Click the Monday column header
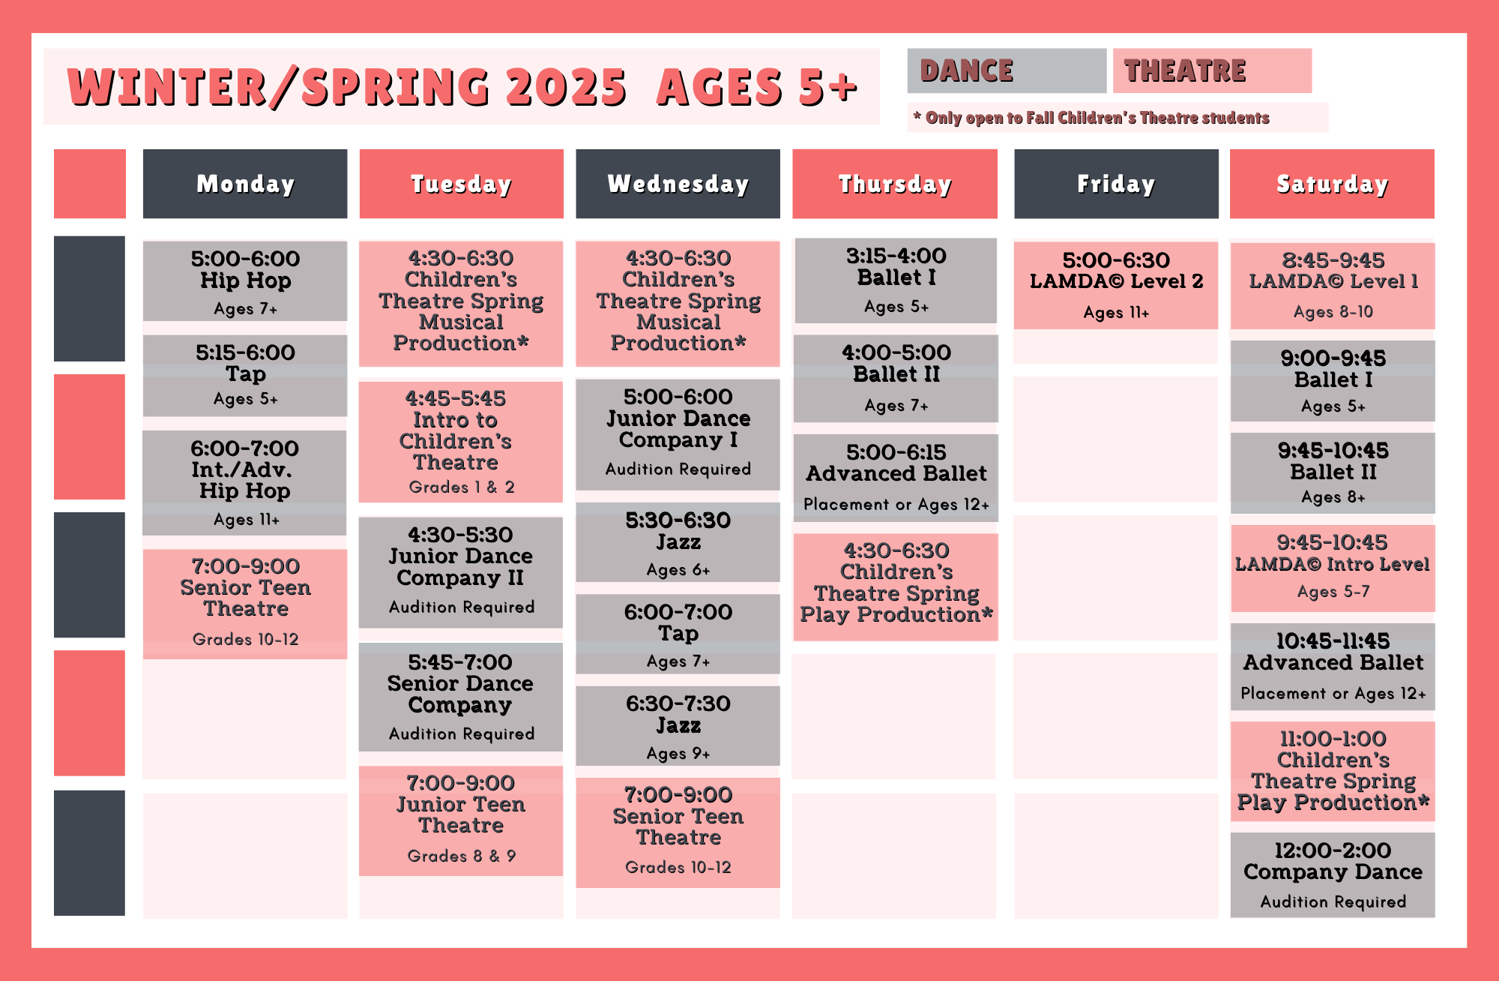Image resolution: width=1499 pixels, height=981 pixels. tap(245, 184)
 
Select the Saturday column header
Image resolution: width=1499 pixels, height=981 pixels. tap(1332, 184)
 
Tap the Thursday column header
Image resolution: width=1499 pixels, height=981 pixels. tap(895, 184)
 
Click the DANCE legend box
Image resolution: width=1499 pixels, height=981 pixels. tap(1006, 70)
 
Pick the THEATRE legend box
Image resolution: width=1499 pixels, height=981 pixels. tap(1212, 70)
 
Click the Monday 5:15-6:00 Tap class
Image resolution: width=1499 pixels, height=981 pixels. tap(245, 375)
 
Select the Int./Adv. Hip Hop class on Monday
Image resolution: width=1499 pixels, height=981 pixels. tap(245, 482)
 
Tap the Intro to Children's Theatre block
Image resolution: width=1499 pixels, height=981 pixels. tap(460, 442)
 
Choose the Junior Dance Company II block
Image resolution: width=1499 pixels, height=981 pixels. tap(460, 571)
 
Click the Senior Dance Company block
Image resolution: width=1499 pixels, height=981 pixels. tap(460, 697)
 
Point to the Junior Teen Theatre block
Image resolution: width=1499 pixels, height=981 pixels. tap(460, 820)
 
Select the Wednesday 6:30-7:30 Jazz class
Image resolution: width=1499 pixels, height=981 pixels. tap(678, 726)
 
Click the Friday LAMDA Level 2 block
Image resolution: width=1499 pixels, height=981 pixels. tap(1115, 285)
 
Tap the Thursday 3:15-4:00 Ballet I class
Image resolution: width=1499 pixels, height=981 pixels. tap(896, 280)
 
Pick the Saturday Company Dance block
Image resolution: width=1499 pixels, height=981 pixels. tap(1333, 874)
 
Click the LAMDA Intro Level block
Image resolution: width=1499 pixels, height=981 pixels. tap(1333, 568)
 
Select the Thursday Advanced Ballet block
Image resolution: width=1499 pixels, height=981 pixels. tap(896, 478)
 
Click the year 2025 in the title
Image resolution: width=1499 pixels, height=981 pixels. tap(566, 87)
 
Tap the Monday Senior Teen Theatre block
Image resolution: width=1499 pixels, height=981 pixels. tap(245, 603)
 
